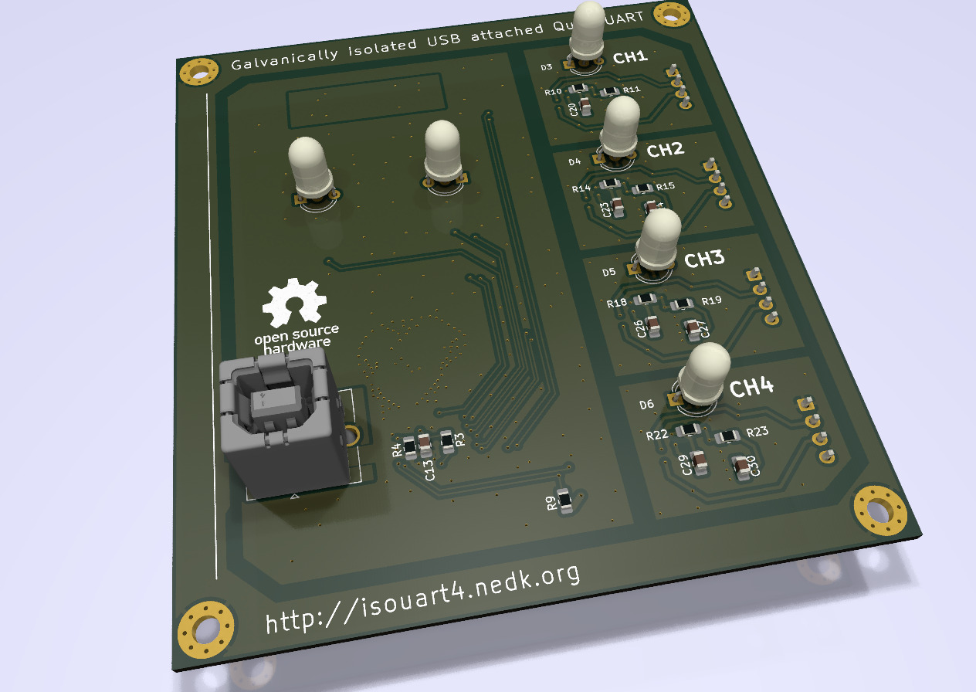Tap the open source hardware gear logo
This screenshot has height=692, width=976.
coord(293,304)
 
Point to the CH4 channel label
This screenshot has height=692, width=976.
coord(751,388)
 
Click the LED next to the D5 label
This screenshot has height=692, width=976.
coord(659,246)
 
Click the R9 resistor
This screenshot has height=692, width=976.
coord(565,501)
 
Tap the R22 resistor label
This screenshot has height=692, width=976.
coord(656,435)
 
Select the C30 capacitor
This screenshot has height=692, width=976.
coord(741,468)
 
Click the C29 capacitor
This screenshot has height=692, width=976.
coord(700,463)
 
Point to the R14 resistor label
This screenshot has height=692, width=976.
coord(581,188)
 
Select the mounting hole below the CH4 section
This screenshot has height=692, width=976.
coord(879,511)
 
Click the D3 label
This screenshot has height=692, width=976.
coord(546,68)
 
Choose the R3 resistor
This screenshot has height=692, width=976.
coord(447,440)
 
